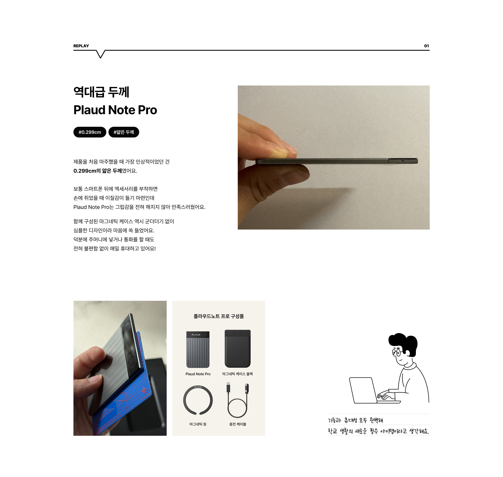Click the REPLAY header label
[81, 46]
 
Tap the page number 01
[426, 46]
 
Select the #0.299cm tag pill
[90, 132]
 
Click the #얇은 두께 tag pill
[124, 132]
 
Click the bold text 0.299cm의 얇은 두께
[98, 171]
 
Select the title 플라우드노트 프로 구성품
[219, 316]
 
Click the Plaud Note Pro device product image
[198, 350]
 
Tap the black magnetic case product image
[238, 349]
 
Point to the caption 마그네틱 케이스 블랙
[238, 374]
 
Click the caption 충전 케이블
[238, 424]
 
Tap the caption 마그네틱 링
[198, 424]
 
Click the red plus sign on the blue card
[144, 390]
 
